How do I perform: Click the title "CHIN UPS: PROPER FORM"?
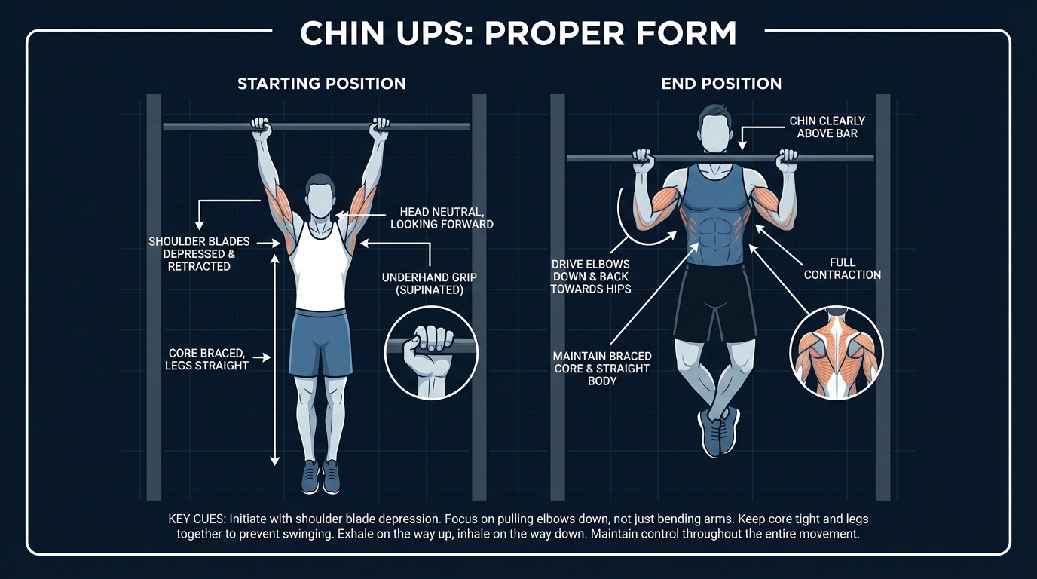point(518,34)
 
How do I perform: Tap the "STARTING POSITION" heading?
point(322,84)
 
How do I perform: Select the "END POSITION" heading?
point(721,84)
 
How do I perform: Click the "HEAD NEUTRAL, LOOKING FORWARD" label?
point(442,218)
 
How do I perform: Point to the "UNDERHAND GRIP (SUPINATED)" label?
point(430,283)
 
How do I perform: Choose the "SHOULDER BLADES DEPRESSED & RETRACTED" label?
point(199,254)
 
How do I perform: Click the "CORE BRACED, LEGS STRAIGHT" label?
point(206,359)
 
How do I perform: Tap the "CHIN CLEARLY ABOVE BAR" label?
point(827,127)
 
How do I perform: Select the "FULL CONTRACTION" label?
point(842,268)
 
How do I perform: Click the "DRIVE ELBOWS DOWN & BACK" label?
point(590,277)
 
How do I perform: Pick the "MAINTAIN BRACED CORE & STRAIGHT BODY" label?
point(602,368)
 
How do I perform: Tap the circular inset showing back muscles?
point(836,352)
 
